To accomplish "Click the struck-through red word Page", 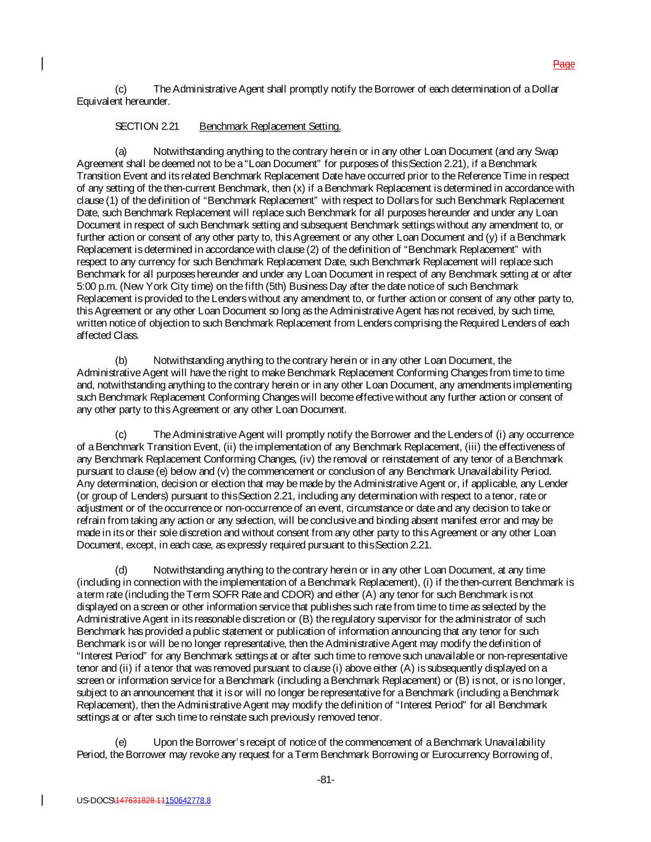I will pos(563,64).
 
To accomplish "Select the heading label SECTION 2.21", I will pos(147,126).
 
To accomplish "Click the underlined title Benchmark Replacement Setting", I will pos(270,126).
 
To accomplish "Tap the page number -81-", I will pos(326,780).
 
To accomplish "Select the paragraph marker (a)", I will pos(121,151).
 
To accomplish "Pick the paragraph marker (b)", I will pos(121,360).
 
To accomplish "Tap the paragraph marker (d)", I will pos(121,570).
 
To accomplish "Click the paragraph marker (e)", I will pos(121,742).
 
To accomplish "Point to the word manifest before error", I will pos(468,521).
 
